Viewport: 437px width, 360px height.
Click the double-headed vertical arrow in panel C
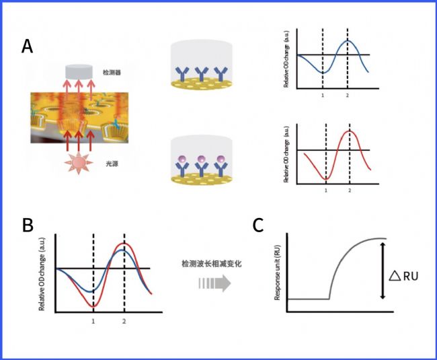(383, 271)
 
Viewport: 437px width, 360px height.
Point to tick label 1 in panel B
(93, 322)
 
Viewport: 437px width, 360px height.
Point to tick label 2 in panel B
(124, 322)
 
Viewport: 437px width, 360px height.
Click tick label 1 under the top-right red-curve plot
(325, 191)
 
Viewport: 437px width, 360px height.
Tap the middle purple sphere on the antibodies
(199, 159)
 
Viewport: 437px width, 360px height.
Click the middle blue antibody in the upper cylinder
(199, 73)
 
